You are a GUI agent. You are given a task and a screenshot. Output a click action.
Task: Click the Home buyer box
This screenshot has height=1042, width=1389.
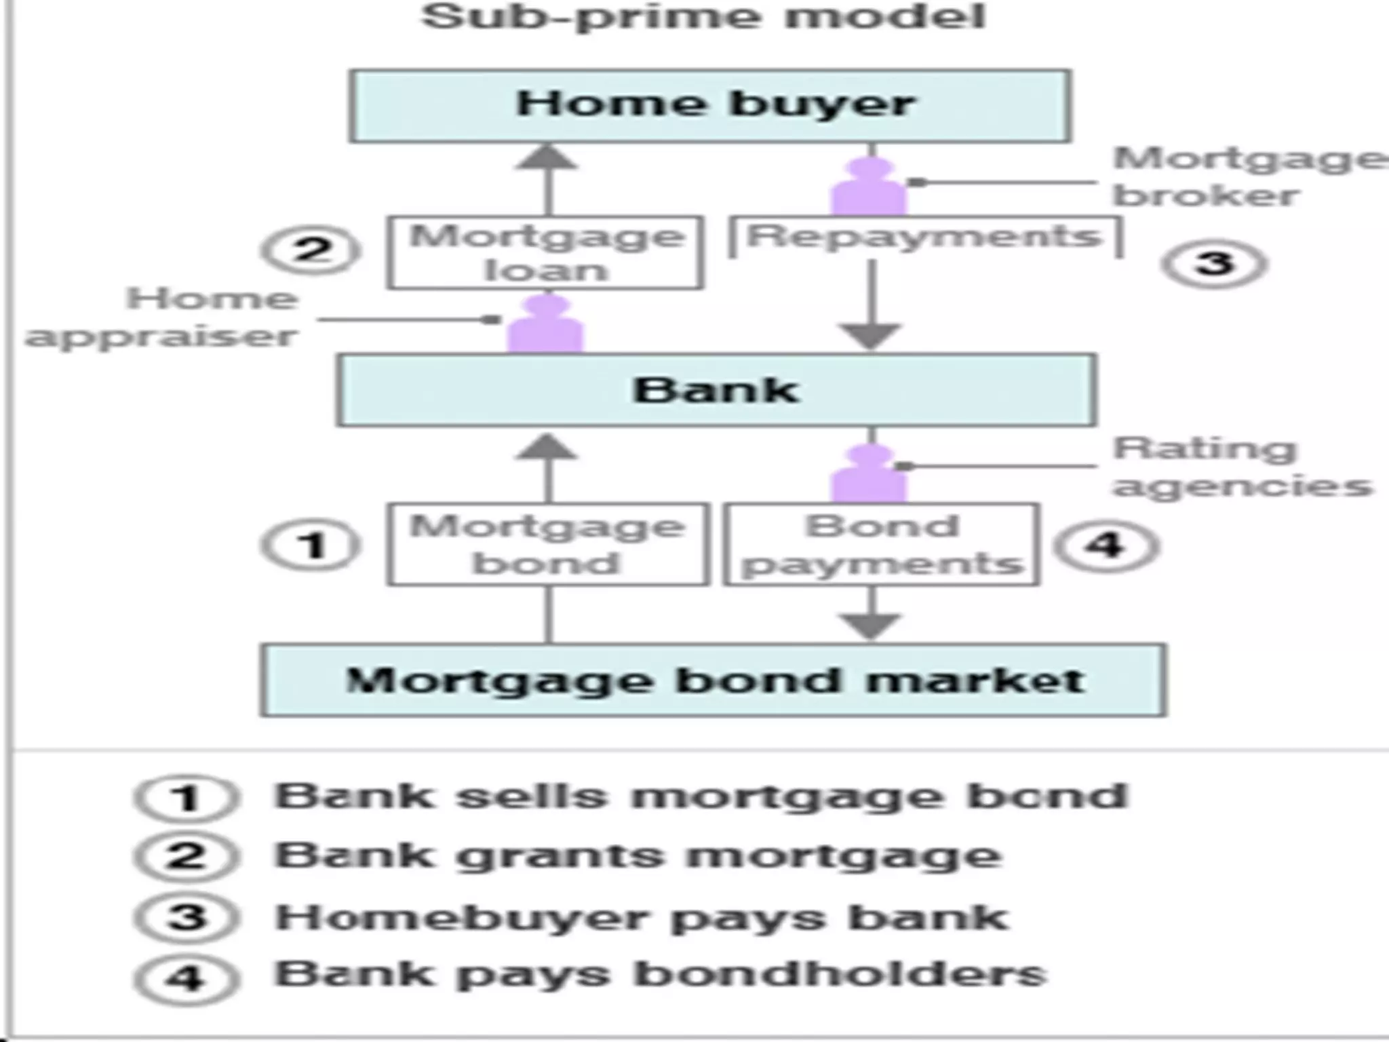pos(710,106)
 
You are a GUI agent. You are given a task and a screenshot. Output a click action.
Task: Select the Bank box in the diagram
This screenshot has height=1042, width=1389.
pos(716,390)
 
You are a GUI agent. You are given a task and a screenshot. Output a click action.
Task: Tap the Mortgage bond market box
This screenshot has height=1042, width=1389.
pos(713,680)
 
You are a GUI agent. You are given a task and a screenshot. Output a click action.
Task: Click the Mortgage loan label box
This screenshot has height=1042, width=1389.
pos(546,253)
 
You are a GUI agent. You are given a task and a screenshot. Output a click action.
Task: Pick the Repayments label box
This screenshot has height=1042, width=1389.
pos(924,237)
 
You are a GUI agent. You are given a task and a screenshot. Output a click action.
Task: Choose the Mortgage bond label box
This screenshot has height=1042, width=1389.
pos(548,544)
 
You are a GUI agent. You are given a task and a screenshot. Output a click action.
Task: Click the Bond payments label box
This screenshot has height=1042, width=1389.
pos(881,544)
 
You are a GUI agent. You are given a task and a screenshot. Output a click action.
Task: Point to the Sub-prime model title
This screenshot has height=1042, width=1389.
pos(703,16)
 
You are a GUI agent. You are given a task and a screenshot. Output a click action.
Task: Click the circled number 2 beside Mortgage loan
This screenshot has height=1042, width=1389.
pos(311,250)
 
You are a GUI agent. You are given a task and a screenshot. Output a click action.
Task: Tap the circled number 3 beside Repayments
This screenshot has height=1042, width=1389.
pos(1214,263)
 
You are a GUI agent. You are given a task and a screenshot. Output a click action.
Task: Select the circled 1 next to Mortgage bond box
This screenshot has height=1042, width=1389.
pos(311,545)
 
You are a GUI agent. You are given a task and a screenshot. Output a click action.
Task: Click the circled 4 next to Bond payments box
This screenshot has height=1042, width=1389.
pos(1106,545)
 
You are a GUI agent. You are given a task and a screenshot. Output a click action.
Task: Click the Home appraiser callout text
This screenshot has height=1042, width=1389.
pos(163,317)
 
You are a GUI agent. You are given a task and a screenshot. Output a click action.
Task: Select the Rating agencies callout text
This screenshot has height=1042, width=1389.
pos(1241,467)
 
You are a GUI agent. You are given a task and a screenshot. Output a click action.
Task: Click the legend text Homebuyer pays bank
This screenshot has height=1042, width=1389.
pos(641,918)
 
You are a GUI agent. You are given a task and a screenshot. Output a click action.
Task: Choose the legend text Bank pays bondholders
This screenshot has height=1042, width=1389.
pos(660,975)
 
